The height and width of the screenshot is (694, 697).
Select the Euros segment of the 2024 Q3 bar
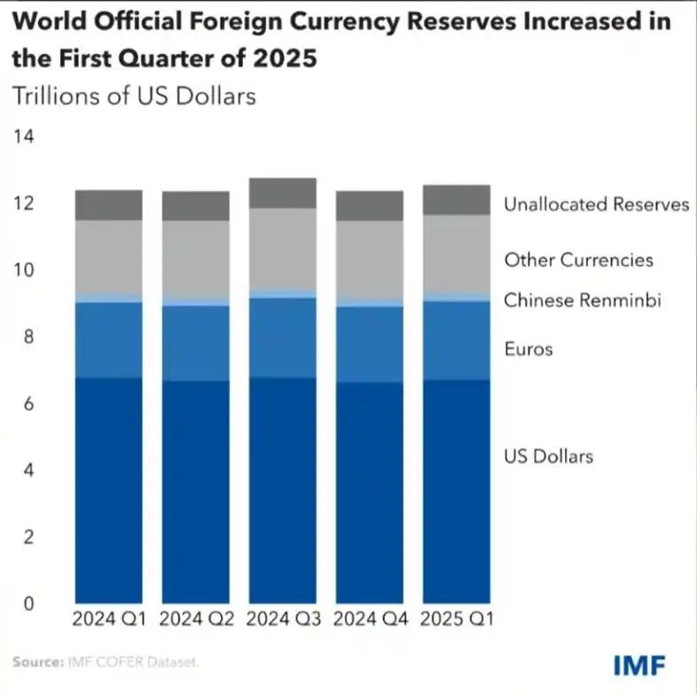point(282,338)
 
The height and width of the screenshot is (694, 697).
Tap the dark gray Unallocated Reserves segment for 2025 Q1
point(456,200)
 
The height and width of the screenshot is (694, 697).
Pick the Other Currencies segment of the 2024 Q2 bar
point(195,259)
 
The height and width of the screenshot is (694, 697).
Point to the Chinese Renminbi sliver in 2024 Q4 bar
point(369,303)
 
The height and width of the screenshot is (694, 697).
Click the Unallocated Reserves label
point(596,205)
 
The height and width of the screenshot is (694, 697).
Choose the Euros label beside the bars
point(528,349)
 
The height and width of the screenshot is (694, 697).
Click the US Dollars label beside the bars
point(548,457)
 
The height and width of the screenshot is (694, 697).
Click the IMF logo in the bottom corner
point(639,664)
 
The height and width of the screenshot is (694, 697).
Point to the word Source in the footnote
point(35,662)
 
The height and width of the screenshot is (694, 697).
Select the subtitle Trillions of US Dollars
point(133,95)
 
